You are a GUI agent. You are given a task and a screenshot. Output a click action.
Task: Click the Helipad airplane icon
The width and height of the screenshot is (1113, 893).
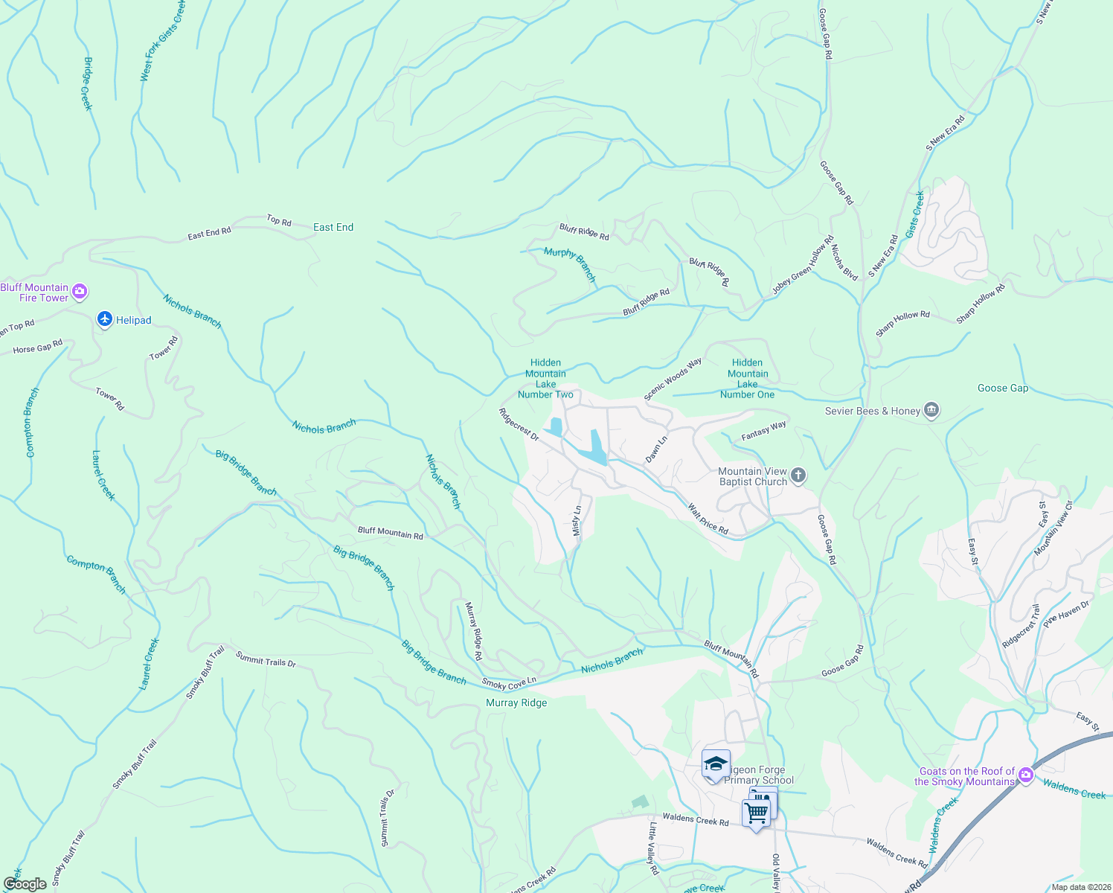pyautogui.click(x=105, y=320)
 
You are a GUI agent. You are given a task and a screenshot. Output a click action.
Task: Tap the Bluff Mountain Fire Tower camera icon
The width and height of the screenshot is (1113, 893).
pyautogui.click(x=80, y=292)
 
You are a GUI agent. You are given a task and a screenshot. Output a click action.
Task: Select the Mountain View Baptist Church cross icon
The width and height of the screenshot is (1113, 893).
pyautogui.click(x=798, y=476)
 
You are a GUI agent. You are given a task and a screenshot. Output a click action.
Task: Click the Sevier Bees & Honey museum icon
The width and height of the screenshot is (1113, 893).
pyautogui.click(x=931, y=410)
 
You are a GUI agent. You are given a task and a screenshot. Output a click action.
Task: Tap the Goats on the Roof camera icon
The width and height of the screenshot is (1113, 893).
pyautogui.click(x=1026, y=775)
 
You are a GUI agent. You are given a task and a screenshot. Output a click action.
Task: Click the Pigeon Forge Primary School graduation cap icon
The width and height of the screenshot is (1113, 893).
pyautogui.click(x=716, y=764)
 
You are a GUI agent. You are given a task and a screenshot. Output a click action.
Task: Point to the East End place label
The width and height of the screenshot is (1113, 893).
pyautogui.click(x=333, y=227)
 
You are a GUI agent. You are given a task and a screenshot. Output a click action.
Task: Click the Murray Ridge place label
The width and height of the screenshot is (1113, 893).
pyautogui.click(x=516, y=702)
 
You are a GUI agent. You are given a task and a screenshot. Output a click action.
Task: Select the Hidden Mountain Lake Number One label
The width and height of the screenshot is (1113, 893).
pyautogui.click(x=747, y=379)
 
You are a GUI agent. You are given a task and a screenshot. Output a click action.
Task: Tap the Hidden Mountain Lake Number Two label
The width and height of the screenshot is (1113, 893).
pyautogui.click(x=545, y=379)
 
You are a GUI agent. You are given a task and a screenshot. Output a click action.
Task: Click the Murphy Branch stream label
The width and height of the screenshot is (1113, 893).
pyautogui.click(x=570, y=264)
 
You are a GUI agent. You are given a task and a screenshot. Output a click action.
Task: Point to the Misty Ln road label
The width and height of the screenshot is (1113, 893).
pyautogui.click(x=576, y=521)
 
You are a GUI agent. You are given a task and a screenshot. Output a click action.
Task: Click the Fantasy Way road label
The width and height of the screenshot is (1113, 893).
pyautogui.click(x=764, y=431)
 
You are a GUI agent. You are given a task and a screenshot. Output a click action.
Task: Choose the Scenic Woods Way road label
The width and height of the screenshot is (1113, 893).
pyautogui.click(x=673, y=380)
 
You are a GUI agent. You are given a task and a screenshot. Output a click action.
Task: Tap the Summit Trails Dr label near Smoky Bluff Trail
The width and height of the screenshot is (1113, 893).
pyautogui.click(x=266, y=659)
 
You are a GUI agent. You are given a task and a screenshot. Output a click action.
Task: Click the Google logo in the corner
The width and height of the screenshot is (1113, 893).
pyautogui.click(x=25, y=884)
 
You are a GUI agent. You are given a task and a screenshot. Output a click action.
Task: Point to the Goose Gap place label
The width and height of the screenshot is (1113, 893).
pyautogui.click(x=1002, y=388)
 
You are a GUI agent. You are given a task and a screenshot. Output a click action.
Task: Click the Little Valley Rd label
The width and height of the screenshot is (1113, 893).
pyautogui.click(x=652, y=848)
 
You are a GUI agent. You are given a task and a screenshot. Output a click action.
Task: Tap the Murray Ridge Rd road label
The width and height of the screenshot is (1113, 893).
pyautogui.click(x=473, y=631)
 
